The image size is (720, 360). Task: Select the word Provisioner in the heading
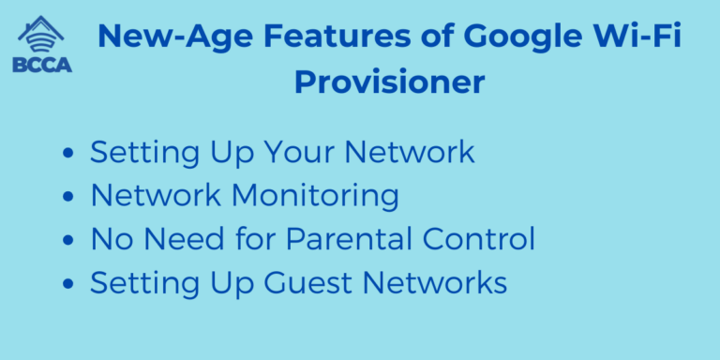pyautogui.click(x=389, y=82)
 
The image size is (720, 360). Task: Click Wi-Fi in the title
pyautogui.click(x=648, y=38)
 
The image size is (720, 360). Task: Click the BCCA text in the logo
pyautogui.click(x=41, y=65)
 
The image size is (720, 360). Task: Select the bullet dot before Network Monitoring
pyautogui.click(x=67, y=197)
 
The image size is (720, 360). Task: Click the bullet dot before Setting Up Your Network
pyautogui.click(x=67, y=153)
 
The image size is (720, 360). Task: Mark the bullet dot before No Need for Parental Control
pyautogui.click(x=67, y=241)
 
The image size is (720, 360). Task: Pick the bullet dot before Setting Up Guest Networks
pyautogui.click(x=67, y=284)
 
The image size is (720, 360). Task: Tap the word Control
pyautogui.click(x=478, y=239)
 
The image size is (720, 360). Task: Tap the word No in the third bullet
pyautogui.click(x=109, y=239)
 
